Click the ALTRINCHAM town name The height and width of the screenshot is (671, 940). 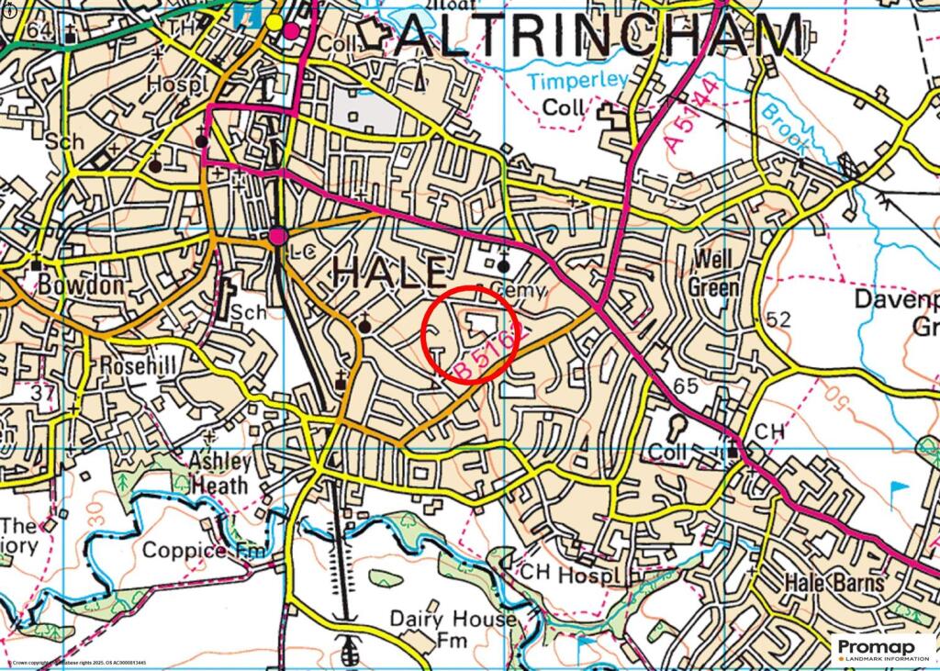pyautogui.click(x=601, y=39)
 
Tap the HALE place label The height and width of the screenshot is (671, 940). pyautogui.click(x=391, y=273)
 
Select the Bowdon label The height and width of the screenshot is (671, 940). pyautogui.click(x=80, y=285)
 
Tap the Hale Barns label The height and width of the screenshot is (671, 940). pyautogui.click(x=834, y=583)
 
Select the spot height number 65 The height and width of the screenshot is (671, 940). pyautogui.click(x=685, y=386)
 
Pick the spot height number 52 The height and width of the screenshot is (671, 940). pyautogui.click(x=778, y=319)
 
